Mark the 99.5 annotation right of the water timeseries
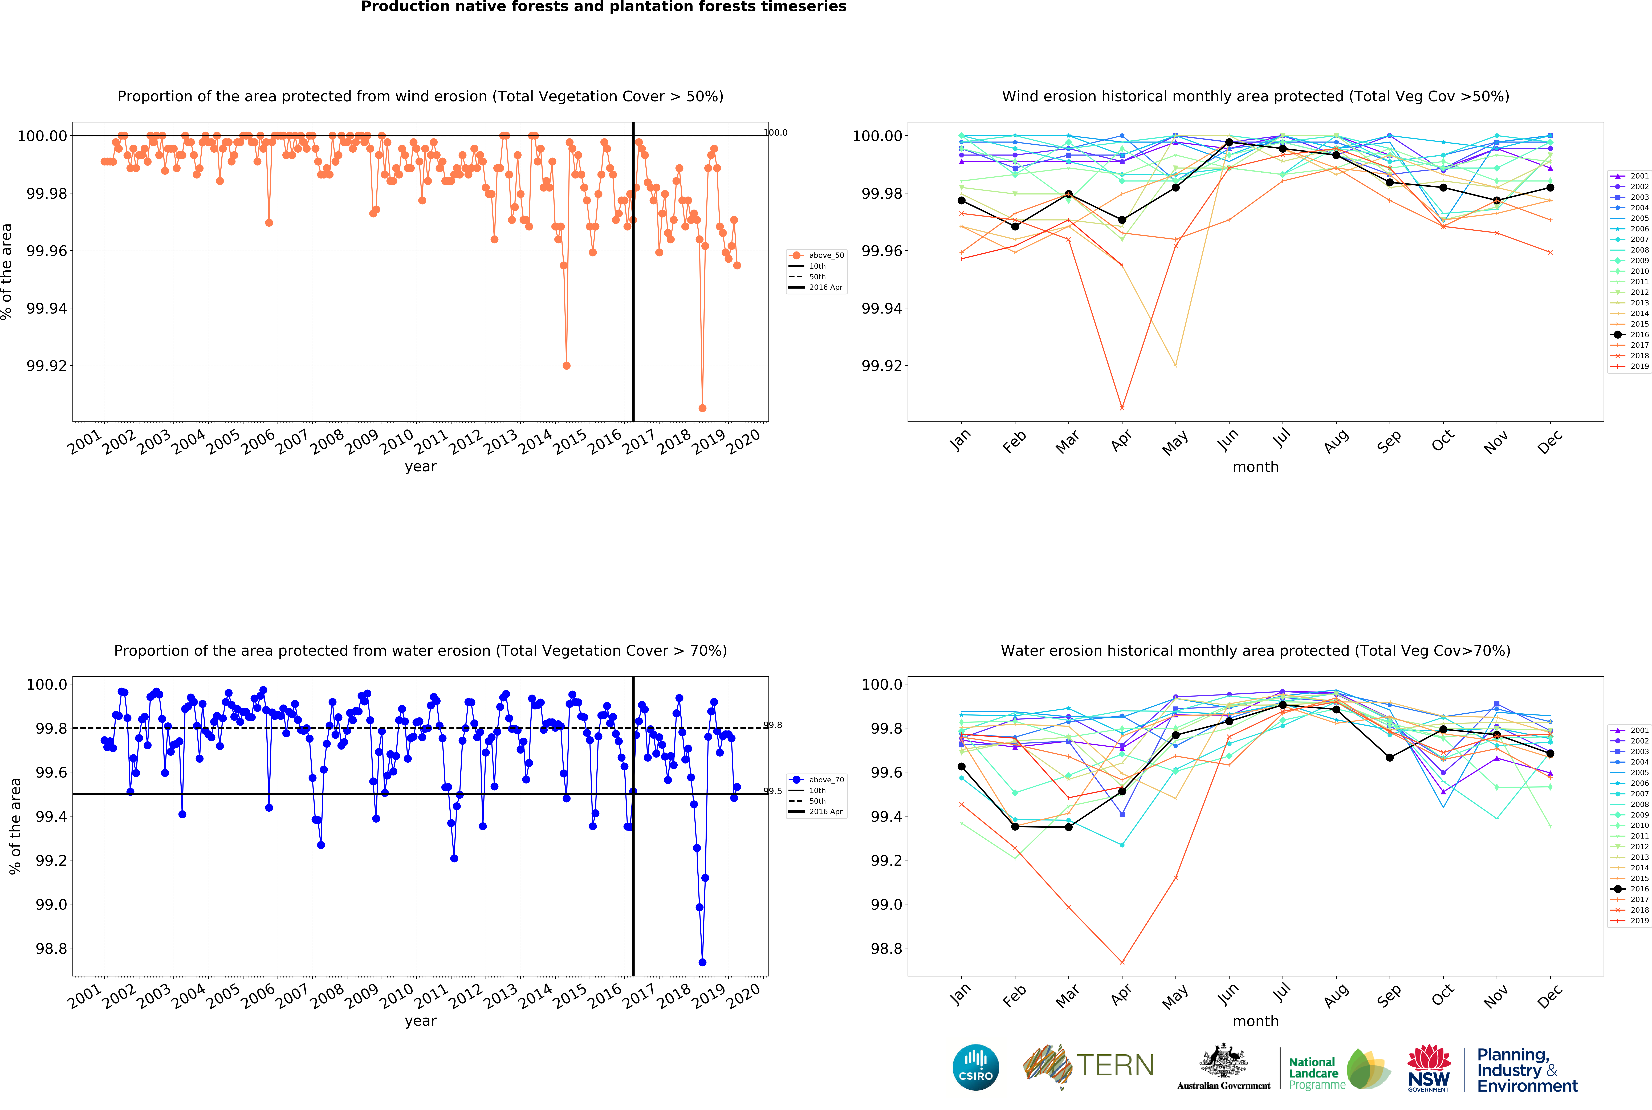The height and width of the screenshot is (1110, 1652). click(x=773, y=791)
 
